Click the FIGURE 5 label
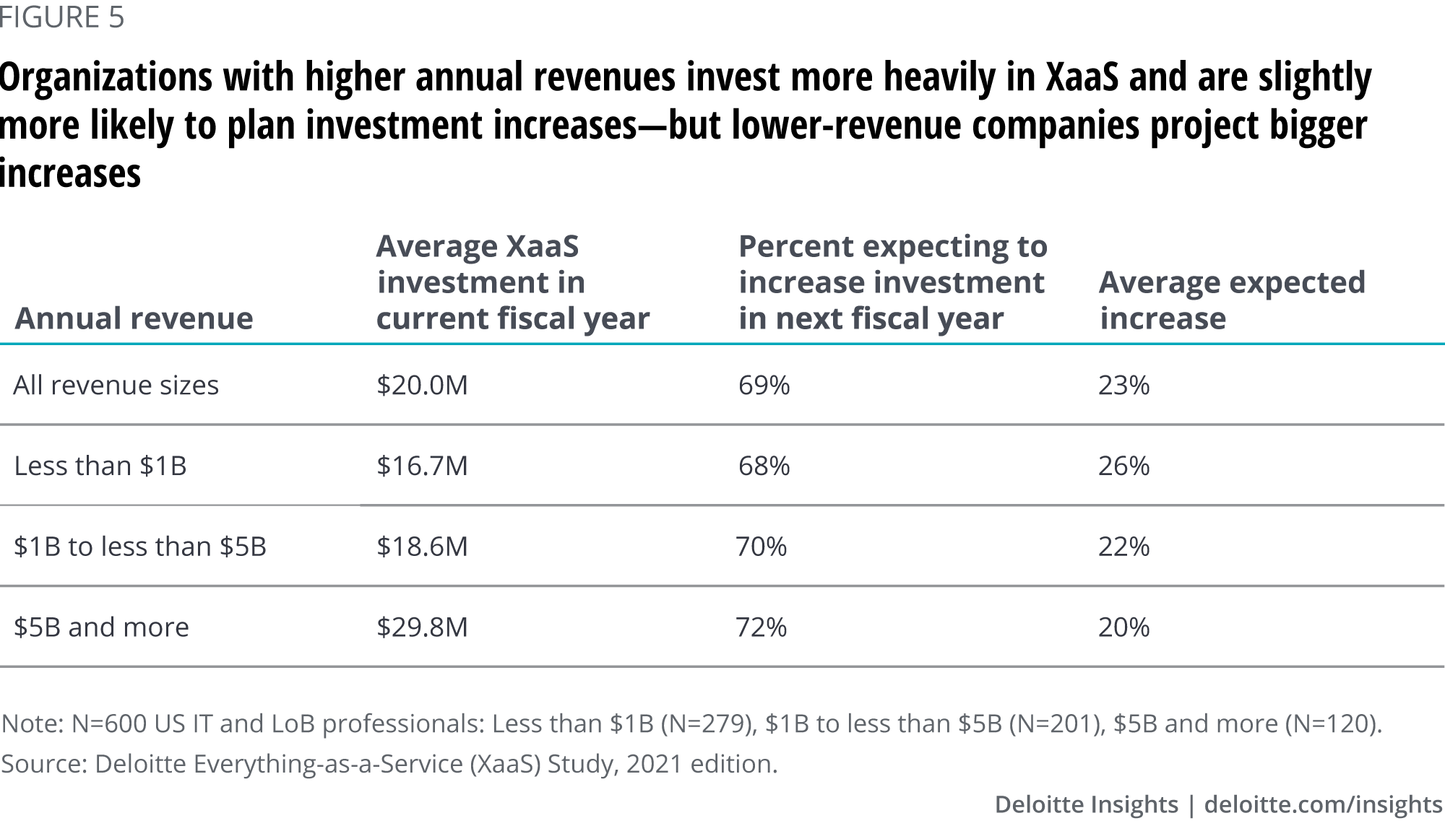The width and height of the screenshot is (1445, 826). pyautogui.click(x=62, y=17)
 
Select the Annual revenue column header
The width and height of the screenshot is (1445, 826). pyautogui.click(x=134, y=318)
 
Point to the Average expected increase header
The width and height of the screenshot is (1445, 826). pyautogui.click(x=1232, y=300)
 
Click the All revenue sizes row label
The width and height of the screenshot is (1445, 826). pyautogui.click(x=116, y=385)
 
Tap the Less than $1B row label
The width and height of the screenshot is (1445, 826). pyautogui.click(x=100, y=466)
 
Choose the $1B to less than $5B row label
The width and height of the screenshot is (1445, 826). pyautogui.click(x=140, y=547)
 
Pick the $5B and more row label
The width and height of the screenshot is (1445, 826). pyautogui.click(x=101, y=627)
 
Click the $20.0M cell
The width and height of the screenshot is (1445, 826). pyautogui.click(x=422, y=385)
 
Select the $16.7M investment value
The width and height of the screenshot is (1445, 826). pyautogui.click(x=422, y=466)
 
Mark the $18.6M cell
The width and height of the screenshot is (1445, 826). pyautogui.click(x=422, y=547)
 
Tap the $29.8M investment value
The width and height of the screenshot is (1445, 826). pyautogui.click(x=422, y=627)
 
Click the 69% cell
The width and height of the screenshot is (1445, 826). pyautogui.click(x=764, y=385)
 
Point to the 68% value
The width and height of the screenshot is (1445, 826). pyautogui.click(x=764, y=466)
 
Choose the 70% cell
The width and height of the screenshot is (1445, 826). pyautogui.click(x=761, y=547)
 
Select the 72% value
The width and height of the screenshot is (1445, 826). pyautogui.click(x=761, y=627)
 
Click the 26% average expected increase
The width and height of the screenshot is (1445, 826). pyautogui.click(x=1123, y=466)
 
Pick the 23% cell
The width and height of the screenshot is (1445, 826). pyautogui.click(x=1123, y=385)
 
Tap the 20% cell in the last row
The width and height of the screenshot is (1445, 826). pyautogui.click(x=1123, y=627)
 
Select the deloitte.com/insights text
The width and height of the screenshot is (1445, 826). pyautogui.click(x=1324, y=804)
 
